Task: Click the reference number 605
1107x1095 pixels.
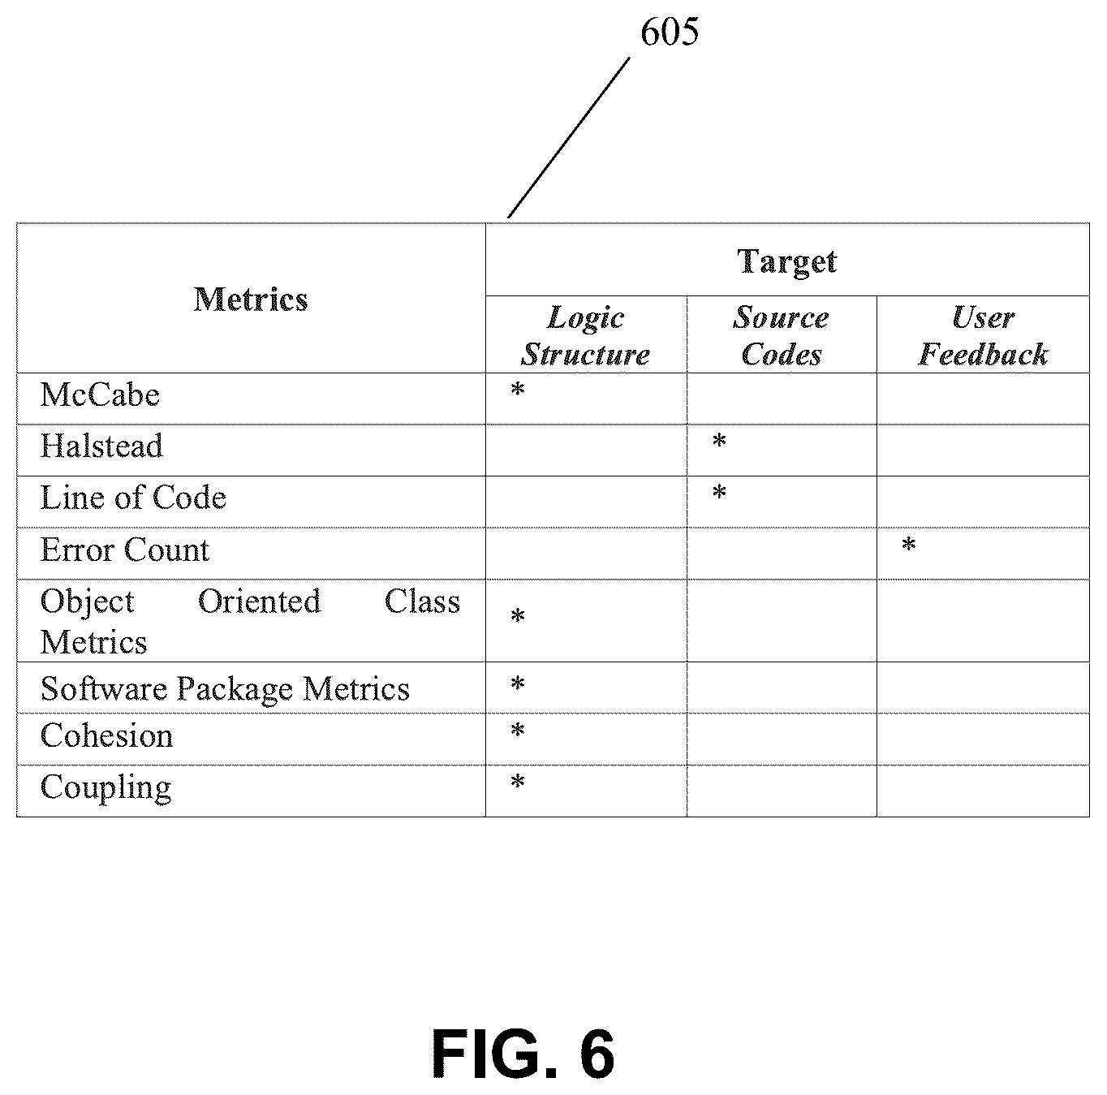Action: (670, 32)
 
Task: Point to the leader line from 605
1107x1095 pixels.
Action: (569, 137)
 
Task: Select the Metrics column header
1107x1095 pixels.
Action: (251, 300)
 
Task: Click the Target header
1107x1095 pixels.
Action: (787, 262)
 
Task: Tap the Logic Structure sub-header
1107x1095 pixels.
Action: (585, 336)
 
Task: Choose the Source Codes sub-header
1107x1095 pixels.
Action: (782, 336)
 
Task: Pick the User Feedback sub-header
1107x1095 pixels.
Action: (983, 336)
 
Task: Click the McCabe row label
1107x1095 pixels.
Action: (100, 394)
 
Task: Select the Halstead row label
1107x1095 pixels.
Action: (101, 446)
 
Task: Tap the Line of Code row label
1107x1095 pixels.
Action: (133, 498)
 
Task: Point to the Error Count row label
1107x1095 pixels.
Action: (125, 550)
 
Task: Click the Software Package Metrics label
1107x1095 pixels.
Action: (225, 689)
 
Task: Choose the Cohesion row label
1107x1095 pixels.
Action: (107, 735)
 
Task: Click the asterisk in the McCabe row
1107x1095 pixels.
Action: (518, 389)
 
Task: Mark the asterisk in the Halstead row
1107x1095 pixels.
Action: (719, 441)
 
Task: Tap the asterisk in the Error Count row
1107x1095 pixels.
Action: (909, 544)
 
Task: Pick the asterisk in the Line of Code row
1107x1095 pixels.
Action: (719, 492)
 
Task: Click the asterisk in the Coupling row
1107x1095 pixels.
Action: (518, 782)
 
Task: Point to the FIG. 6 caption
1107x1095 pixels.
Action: (523, 1054)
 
